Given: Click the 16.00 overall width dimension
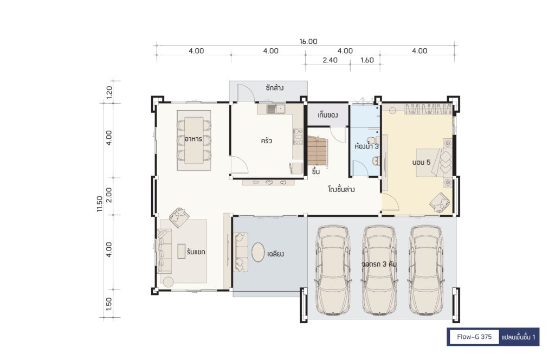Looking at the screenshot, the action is pos(308,41).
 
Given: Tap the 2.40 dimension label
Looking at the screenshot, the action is pos(330,60).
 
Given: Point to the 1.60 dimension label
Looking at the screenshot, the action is pos(367,60).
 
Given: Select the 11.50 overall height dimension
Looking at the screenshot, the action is pos(100,204).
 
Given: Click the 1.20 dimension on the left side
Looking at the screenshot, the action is pos(109,92).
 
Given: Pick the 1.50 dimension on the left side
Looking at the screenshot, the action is pos(109,304).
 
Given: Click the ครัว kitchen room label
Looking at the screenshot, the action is pos(266,141).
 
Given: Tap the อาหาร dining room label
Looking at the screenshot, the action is pos(193,139).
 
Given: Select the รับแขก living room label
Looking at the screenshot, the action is pos(196,252).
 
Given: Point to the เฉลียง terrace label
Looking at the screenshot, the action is pos(275,254).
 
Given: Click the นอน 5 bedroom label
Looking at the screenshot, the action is pos(421,162).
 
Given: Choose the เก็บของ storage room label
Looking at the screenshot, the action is pos(327,115).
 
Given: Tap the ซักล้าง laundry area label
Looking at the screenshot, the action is pos(275,87).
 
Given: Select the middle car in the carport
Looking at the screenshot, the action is pos(380,270).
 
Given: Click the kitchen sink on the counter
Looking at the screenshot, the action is pos(275,108).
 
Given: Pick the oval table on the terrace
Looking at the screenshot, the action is pos(258,252).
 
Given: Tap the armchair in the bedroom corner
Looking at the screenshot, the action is pos(440,202).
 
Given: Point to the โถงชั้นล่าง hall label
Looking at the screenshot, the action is pos(341,189).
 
